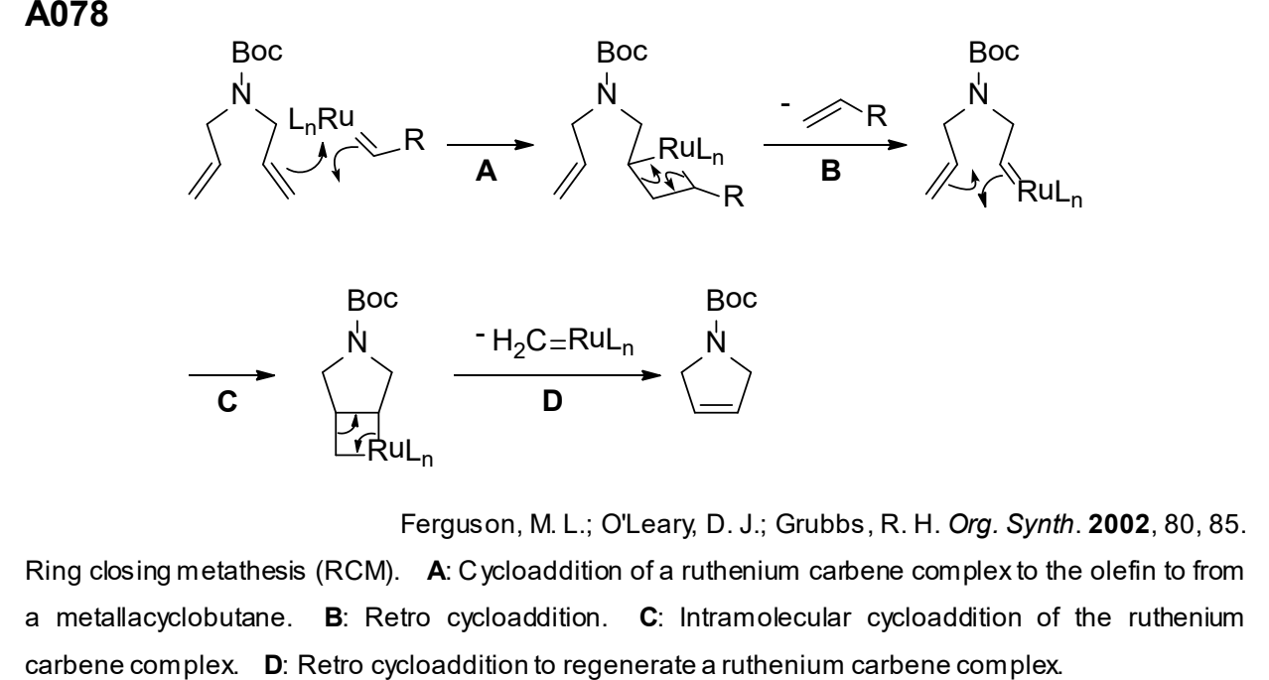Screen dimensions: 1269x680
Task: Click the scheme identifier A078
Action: (67, 14)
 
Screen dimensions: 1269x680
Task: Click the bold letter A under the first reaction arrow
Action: (487, 171)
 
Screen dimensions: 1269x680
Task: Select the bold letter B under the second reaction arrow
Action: (830, 171)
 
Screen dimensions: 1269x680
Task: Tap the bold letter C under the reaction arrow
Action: (227, 401)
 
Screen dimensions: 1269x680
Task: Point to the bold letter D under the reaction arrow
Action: (552, 401)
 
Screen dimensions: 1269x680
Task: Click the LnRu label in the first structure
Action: (321, 119)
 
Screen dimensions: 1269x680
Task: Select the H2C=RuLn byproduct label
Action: (563, 341)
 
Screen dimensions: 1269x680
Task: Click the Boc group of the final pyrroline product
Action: (732, 299)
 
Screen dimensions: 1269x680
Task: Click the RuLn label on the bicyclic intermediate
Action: (400, 452)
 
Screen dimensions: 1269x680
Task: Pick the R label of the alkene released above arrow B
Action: (876, 116)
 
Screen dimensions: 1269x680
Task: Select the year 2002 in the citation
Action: (1119, 524)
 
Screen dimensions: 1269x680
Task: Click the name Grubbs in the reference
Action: (820, 524)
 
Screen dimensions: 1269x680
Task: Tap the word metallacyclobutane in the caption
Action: (174, 617)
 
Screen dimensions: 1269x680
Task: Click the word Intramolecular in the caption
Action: (766, 617)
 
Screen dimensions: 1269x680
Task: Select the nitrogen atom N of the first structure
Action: (241, 94)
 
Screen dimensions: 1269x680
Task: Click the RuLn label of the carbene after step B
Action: (1050, 193)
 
